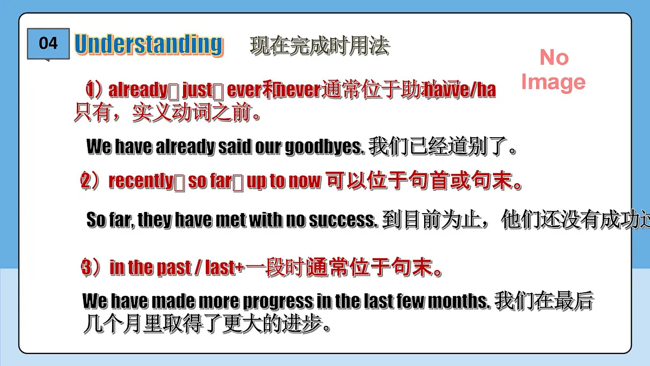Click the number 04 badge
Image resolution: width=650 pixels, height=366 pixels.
(x=48, y=43)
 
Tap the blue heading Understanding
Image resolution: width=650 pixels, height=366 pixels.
(x=148, y=44)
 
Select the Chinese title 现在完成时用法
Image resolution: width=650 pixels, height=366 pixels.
(x=320, y=46)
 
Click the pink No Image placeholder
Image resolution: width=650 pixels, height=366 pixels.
(x=553, y=70)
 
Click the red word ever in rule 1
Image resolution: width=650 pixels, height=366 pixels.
(x=244, y=89)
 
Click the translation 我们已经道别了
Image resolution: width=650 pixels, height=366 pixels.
(x=441, y=147)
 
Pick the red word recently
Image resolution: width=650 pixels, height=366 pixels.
(x=141, y=181)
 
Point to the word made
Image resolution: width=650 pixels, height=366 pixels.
(x=173, y=300)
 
